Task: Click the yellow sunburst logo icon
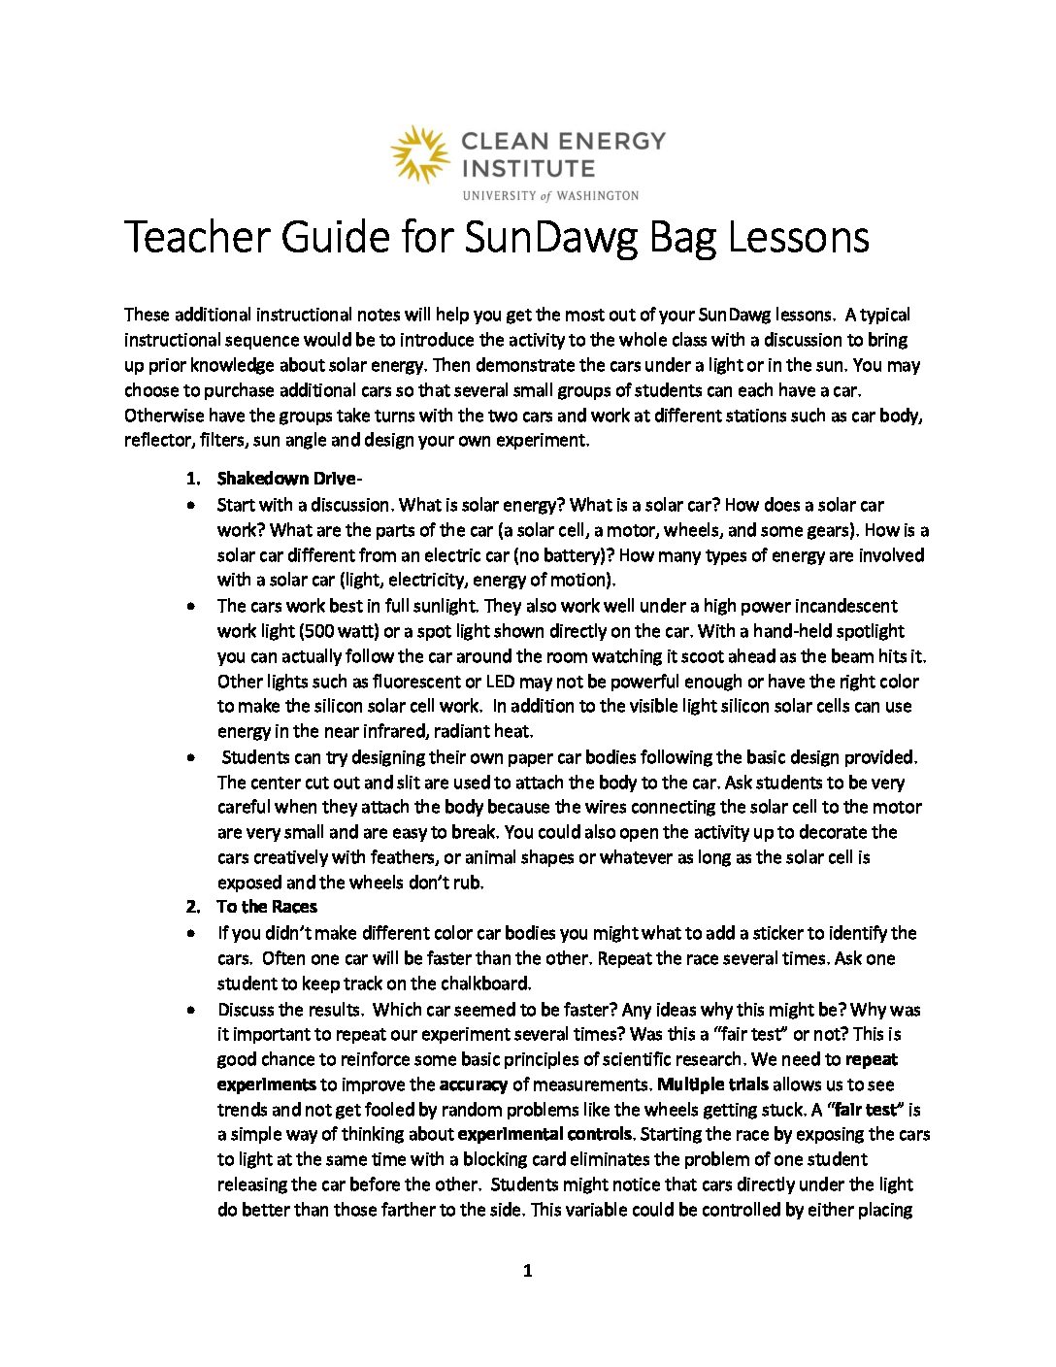(419, 154)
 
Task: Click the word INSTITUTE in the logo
(528, 168)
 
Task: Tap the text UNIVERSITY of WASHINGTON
(550, 196)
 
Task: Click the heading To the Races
(267, 907)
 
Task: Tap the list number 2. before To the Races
(193, 907)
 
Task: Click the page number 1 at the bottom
(527, 1271)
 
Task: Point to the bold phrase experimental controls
(545, 1134)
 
